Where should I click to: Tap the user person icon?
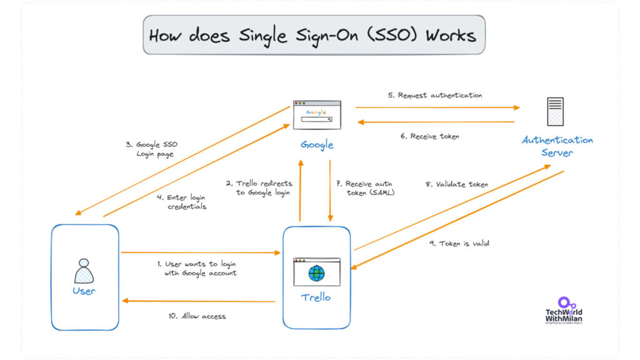pyautogui.click(x=84, y=270)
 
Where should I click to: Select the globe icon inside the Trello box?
pyautogui.click(x=317, y=273)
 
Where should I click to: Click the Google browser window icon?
pyautogui.click(x=317, y=114)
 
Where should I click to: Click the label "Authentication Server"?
pyautogui.click(x=557, y=146)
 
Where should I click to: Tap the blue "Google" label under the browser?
pyautogui.click(x=317, y=145)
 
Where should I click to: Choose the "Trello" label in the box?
pyautogui.click(x=317, y=297)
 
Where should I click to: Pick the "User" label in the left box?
pyautogui.click(x=84, y=291)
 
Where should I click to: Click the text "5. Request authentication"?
pyautogui.click(x=434, y=96)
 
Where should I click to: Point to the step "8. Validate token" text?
pyautogui.click(x=457, y=184)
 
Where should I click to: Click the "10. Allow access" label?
pyautogui.click(x=196, y=316)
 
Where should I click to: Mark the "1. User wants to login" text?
pyautogui.click(x=197, y=269)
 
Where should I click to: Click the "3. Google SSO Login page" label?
pyautogui.click(x=152, y=149)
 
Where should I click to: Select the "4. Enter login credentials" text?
pyautogui.click(x=186, y=202)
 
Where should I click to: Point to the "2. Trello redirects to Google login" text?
pyautogui.click(x=259, y=187)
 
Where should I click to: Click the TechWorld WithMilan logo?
pyautogui.click(x=564, y=311)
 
